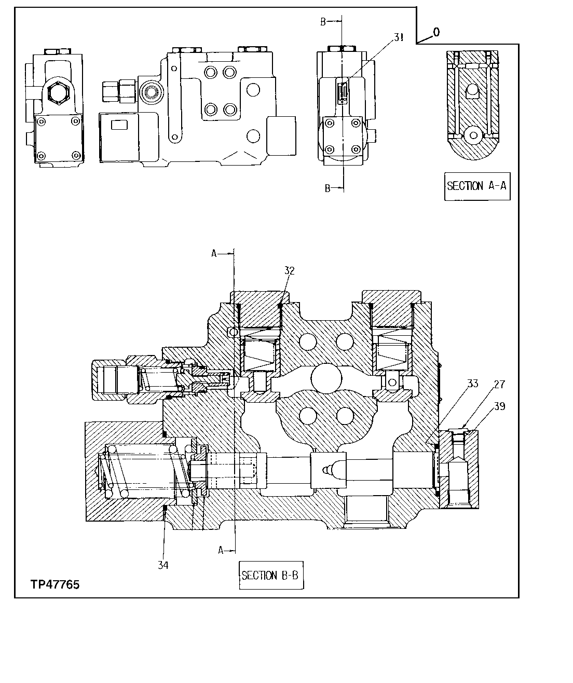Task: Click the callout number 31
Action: (399, 37)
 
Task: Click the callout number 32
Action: (289, 270)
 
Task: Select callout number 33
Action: (472, 384)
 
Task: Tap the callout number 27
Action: (499, 385)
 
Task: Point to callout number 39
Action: (499, 406)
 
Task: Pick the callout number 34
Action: (163, 565)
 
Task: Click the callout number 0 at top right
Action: (436, 32)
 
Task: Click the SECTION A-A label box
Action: (476, 186)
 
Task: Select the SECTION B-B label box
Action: (271, 575)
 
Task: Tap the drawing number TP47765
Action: (54, 585)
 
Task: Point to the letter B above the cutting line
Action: (323, 21)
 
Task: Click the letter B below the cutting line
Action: (328, 188)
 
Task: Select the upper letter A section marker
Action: (214, 253)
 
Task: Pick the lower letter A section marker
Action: (221, 550)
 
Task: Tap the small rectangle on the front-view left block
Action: (120, 125)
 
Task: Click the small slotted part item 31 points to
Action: (343, 93)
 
